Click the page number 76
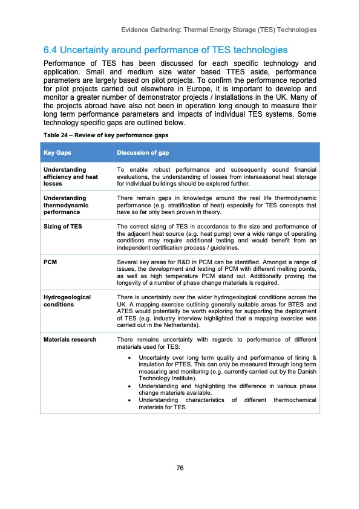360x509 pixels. (x=180, y=467)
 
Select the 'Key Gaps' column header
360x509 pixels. (x=56, y=152)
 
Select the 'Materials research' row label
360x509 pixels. (x=70, y=339)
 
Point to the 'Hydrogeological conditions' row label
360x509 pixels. (x=67, y=300)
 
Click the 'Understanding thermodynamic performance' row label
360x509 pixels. (x=67, y=205)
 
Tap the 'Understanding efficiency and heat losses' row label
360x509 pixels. (x=70, y=177)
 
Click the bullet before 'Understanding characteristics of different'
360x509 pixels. (x=131, y=400)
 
